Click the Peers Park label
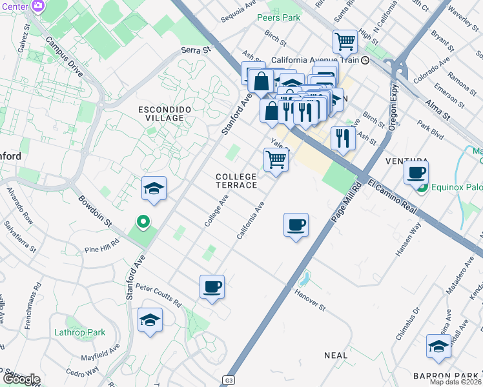(278, 17)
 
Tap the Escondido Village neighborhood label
(165, 114)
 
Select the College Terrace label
(236, 181)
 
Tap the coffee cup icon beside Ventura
(416, 172)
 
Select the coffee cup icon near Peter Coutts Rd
(212, 286)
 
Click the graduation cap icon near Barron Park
(438, 346)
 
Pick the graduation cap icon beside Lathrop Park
(150, 320)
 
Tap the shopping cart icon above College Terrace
(276, 159)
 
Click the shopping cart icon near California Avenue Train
(345, 41)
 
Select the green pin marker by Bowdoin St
(143, 223)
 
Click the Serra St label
(196, 50)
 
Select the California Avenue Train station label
(314, 60)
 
